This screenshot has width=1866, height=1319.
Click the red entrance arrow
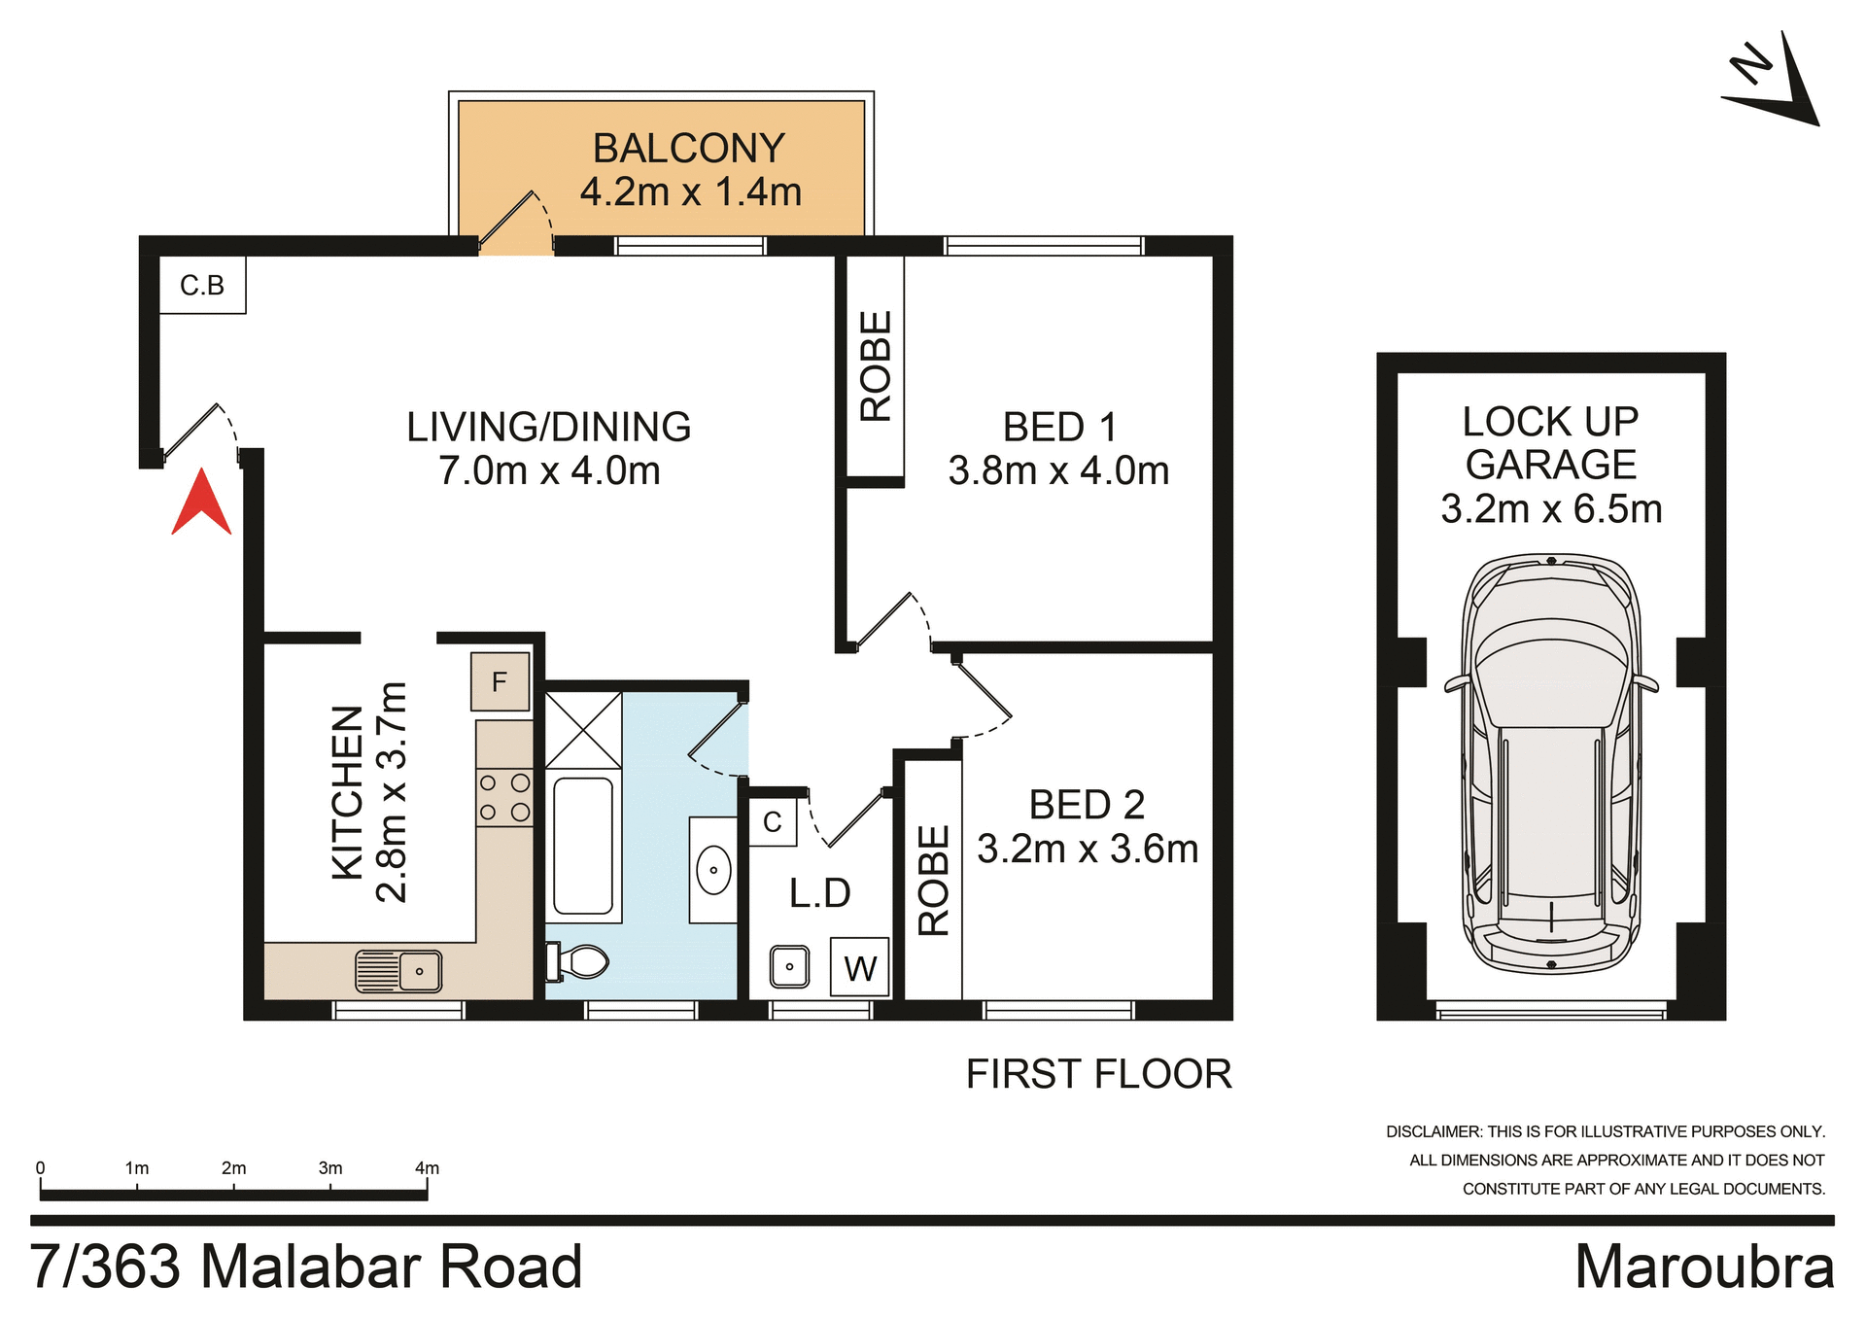click(x=201, y=504)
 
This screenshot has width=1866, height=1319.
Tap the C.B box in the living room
click(x=202, y=285)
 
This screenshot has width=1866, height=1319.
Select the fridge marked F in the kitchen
click(x=500, y=681)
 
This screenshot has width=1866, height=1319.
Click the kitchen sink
click(x=399, y=970)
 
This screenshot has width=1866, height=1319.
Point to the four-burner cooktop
click(x=504, y=797)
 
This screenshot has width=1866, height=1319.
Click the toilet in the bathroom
click(x=579, y=962)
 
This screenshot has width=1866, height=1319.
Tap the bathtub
click(x=583, y=846)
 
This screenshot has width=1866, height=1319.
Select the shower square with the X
click(x=583, y=730)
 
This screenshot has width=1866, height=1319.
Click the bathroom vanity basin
click(x=713, y=870)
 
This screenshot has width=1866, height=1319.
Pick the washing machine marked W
click(x=860, y=967)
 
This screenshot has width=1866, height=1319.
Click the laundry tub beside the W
click(x=789, y=966)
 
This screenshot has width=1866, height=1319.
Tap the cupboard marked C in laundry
click(x=773, y=822)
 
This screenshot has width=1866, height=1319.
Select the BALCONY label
click(x=689, y=149)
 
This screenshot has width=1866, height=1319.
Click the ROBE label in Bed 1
click(x=876, y=365)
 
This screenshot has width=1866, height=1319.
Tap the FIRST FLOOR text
click(x=1098, y=1074)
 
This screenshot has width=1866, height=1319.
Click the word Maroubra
click(x=1704, y=1267)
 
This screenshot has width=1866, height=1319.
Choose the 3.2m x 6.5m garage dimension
click(x=1551, y=509)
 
